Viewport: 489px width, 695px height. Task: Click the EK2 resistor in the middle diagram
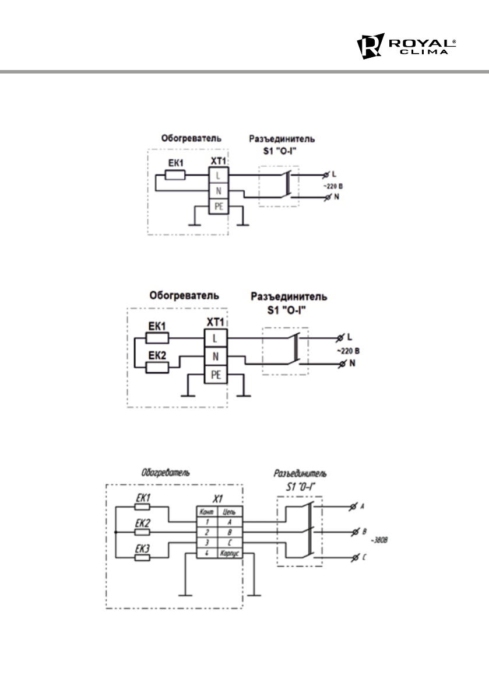coord(158,366)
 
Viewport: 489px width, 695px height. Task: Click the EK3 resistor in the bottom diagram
coord(143,557)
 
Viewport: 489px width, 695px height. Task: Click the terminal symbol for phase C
coord(352,558)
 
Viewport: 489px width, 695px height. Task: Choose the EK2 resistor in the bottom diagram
coord(143,532)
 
